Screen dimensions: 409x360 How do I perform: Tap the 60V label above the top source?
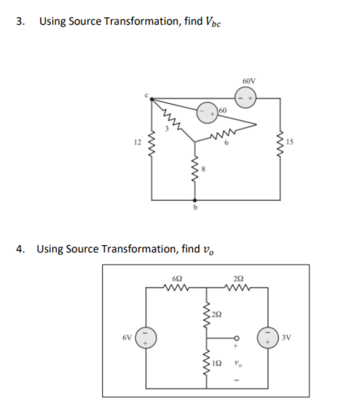pos(250,80)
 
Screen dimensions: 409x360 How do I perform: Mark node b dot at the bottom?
pos(193,200)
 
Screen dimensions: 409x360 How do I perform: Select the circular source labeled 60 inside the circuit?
pos(208,112)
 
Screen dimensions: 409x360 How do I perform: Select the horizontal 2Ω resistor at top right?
pos(238,287)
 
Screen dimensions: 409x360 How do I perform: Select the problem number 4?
pos(20,248)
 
